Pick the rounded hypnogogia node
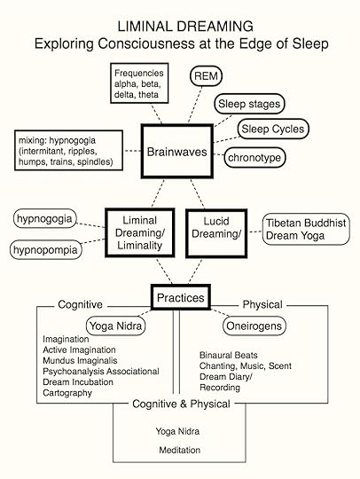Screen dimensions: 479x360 46,218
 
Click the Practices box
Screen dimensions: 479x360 180,299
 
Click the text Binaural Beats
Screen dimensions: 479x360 227,355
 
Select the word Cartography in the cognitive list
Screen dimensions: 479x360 67,393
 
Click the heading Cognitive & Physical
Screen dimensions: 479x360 180,404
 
